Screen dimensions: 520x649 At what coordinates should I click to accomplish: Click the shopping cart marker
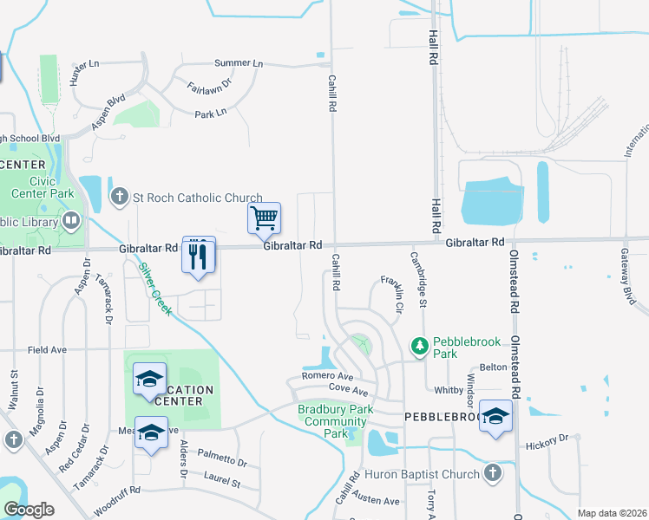pos(264,218)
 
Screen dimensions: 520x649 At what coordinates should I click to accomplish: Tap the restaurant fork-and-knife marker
pos(199,255)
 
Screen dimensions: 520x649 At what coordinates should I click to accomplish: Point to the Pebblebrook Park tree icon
pos(420,347)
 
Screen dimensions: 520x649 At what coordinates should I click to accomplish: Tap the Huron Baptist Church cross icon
pos(493,473)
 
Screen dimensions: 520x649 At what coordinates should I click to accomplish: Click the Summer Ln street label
pos(238,63)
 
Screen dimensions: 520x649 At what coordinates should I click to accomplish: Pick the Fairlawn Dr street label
pos(209,87)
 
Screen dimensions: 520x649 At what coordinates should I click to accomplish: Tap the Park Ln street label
pos(210,114)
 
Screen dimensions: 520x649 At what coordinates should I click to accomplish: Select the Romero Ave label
pos(327,377)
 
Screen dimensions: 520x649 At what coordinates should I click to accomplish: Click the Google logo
pos(28,510)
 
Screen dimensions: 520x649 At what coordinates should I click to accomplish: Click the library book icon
pos(70,221)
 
